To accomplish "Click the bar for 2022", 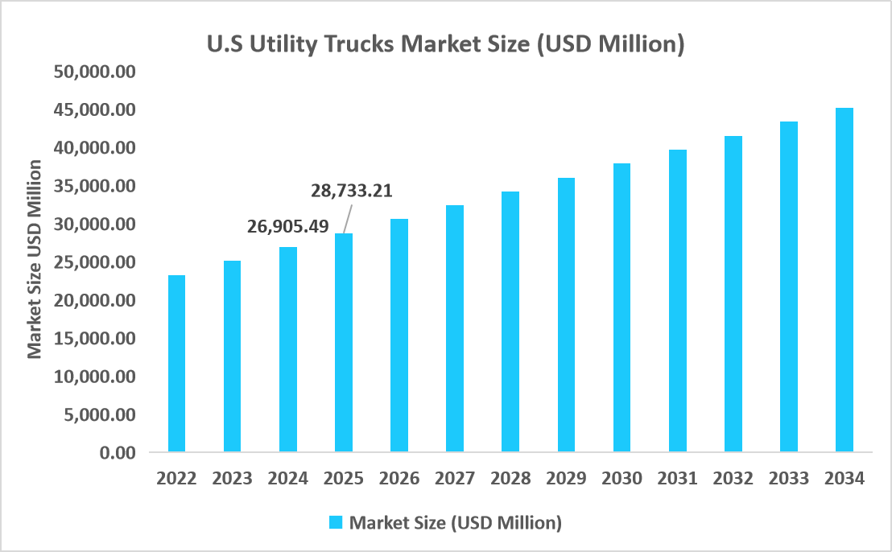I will pos(176,363).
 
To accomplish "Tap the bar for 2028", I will pos(510,321).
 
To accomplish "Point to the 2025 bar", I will pos(344,342).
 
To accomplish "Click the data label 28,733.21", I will pos(352,191).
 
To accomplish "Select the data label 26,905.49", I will pos(287,226).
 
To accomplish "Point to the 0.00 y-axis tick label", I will pos(117,453).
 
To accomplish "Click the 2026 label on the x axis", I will pos(399,478).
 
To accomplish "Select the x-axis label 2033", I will pos(788,478).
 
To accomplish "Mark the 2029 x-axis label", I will pos(566,478).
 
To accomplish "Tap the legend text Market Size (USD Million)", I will pos(455,522).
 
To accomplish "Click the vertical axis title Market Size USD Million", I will pos(35,259).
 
